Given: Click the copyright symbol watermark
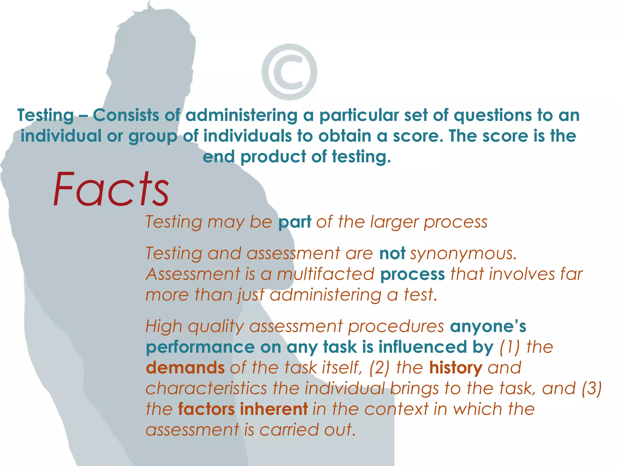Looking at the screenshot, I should point(289,72).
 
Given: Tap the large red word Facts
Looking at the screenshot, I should point(111,189).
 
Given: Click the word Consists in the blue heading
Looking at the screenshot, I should point(126,116).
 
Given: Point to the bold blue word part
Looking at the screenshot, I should point(295,222).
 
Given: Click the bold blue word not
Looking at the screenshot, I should point(392,253).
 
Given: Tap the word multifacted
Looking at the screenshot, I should point(325,274).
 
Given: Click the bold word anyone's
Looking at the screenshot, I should point(488,326).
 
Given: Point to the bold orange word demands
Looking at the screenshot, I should point(185,368).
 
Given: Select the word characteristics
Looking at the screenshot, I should point(206,388).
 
